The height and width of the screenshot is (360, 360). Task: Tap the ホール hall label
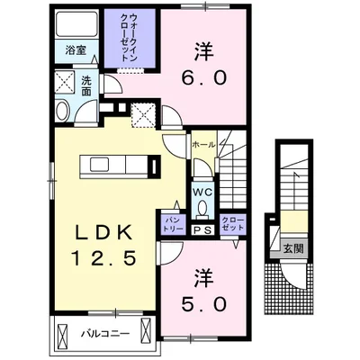[x=202, y=144]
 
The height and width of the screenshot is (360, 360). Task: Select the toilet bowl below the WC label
[x=202, y=208]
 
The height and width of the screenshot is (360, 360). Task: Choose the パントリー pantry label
[x=172, y=223]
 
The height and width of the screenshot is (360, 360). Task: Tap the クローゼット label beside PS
[x=232, y=223]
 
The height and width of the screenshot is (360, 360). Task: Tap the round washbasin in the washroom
[x=63, y=112]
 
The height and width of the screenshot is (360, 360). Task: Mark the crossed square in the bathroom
[x=65, y=83]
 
